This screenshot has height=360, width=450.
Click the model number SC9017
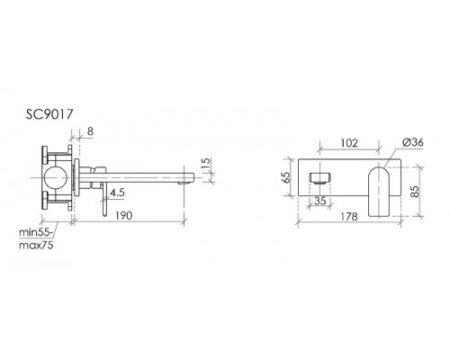coord(49,114)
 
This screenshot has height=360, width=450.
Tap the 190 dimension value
coord(123,215)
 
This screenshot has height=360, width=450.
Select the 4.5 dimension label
coord(117,193)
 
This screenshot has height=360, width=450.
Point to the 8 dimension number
coord(90,131)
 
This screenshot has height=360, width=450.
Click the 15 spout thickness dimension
coord(207,165)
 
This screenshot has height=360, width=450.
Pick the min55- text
coord(36,232)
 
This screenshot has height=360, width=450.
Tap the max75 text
coord(36,245)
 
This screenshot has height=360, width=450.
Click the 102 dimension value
coord(349,143)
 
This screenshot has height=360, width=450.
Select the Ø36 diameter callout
coord(413,142)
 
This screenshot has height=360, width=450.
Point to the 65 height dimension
coord(286,176)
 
